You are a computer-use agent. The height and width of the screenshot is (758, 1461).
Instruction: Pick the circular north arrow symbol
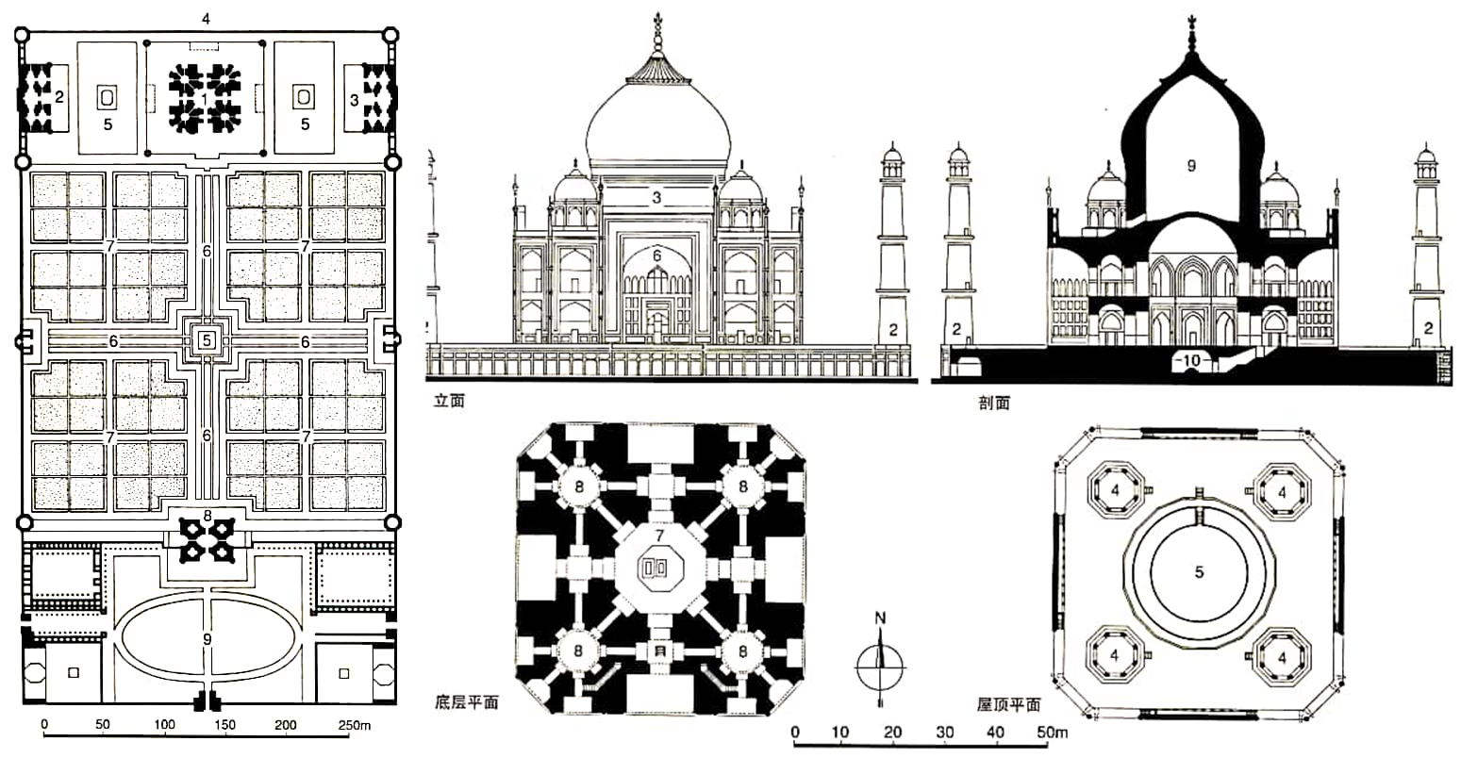[880, 665]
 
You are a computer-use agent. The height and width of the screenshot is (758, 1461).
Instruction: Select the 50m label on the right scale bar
[1053, 733]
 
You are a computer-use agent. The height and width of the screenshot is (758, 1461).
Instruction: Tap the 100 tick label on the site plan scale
[165, 725]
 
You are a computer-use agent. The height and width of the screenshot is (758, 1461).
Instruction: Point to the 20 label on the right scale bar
[894, 733]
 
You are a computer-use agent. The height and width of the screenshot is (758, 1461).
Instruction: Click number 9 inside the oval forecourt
[207, 640]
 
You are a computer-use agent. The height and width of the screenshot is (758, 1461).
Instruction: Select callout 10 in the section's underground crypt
[1194, 360]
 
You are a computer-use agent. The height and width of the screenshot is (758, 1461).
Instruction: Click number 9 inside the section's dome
[1190, 165]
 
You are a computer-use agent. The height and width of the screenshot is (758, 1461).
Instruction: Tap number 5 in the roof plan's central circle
[1199, 571]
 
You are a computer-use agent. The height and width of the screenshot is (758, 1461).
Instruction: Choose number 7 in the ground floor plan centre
[660, 536]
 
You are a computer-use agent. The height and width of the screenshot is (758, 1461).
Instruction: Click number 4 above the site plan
[206, 18]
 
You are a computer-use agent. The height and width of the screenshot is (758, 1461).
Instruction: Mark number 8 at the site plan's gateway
[207, 517]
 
